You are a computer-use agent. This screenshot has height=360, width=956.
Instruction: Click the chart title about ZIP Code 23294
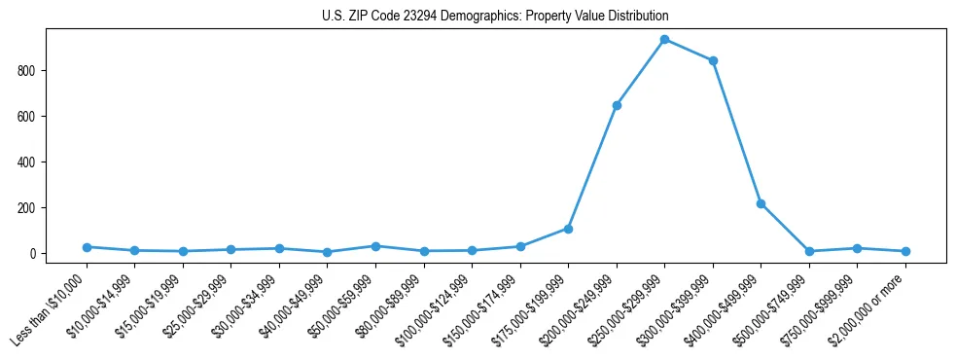click(x=495, y=17)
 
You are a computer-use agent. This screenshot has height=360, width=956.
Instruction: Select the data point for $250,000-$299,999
click(x=664, y=40)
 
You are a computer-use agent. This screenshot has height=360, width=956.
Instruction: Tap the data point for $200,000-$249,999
click(x=617, y=105)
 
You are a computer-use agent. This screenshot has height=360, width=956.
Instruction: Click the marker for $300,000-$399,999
click(x=713, y=60)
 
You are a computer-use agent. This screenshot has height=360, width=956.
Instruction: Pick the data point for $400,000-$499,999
click(x=761, y=204)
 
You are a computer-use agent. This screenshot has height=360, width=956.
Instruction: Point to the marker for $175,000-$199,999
click(x=568, y=229)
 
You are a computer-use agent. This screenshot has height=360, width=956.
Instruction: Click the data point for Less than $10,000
click(x=87, y=247)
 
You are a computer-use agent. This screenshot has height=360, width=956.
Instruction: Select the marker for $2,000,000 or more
click(x=905, y=251)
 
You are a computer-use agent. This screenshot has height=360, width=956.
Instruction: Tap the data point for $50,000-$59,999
click(x=375, y=246)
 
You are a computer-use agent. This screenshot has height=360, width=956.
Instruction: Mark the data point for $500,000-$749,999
click(x=809, y=251)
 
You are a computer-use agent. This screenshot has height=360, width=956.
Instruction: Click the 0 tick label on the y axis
click(x=33, y=254)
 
